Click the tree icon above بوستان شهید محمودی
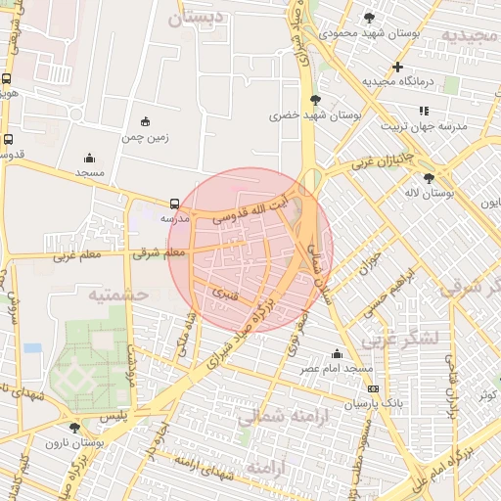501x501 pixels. (x=369, y=18)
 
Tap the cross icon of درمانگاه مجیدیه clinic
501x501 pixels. (x=397, y=68)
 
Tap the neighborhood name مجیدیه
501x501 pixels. (x=470, y=35)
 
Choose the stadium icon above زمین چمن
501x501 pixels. (x=146, y=121)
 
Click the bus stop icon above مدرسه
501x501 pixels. (x=174, y=205)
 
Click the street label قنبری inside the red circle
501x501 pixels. (x=220, y=291)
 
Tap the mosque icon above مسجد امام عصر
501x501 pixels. (x=338, y=353)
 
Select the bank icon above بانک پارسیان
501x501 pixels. (x=372, y=388)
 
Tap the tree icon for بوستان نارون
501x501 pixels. (x=74, y=428)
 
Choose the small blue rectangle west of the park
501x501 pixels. (x=33, y=347)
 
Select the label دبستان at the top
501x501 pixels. (x=209, y=18)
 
